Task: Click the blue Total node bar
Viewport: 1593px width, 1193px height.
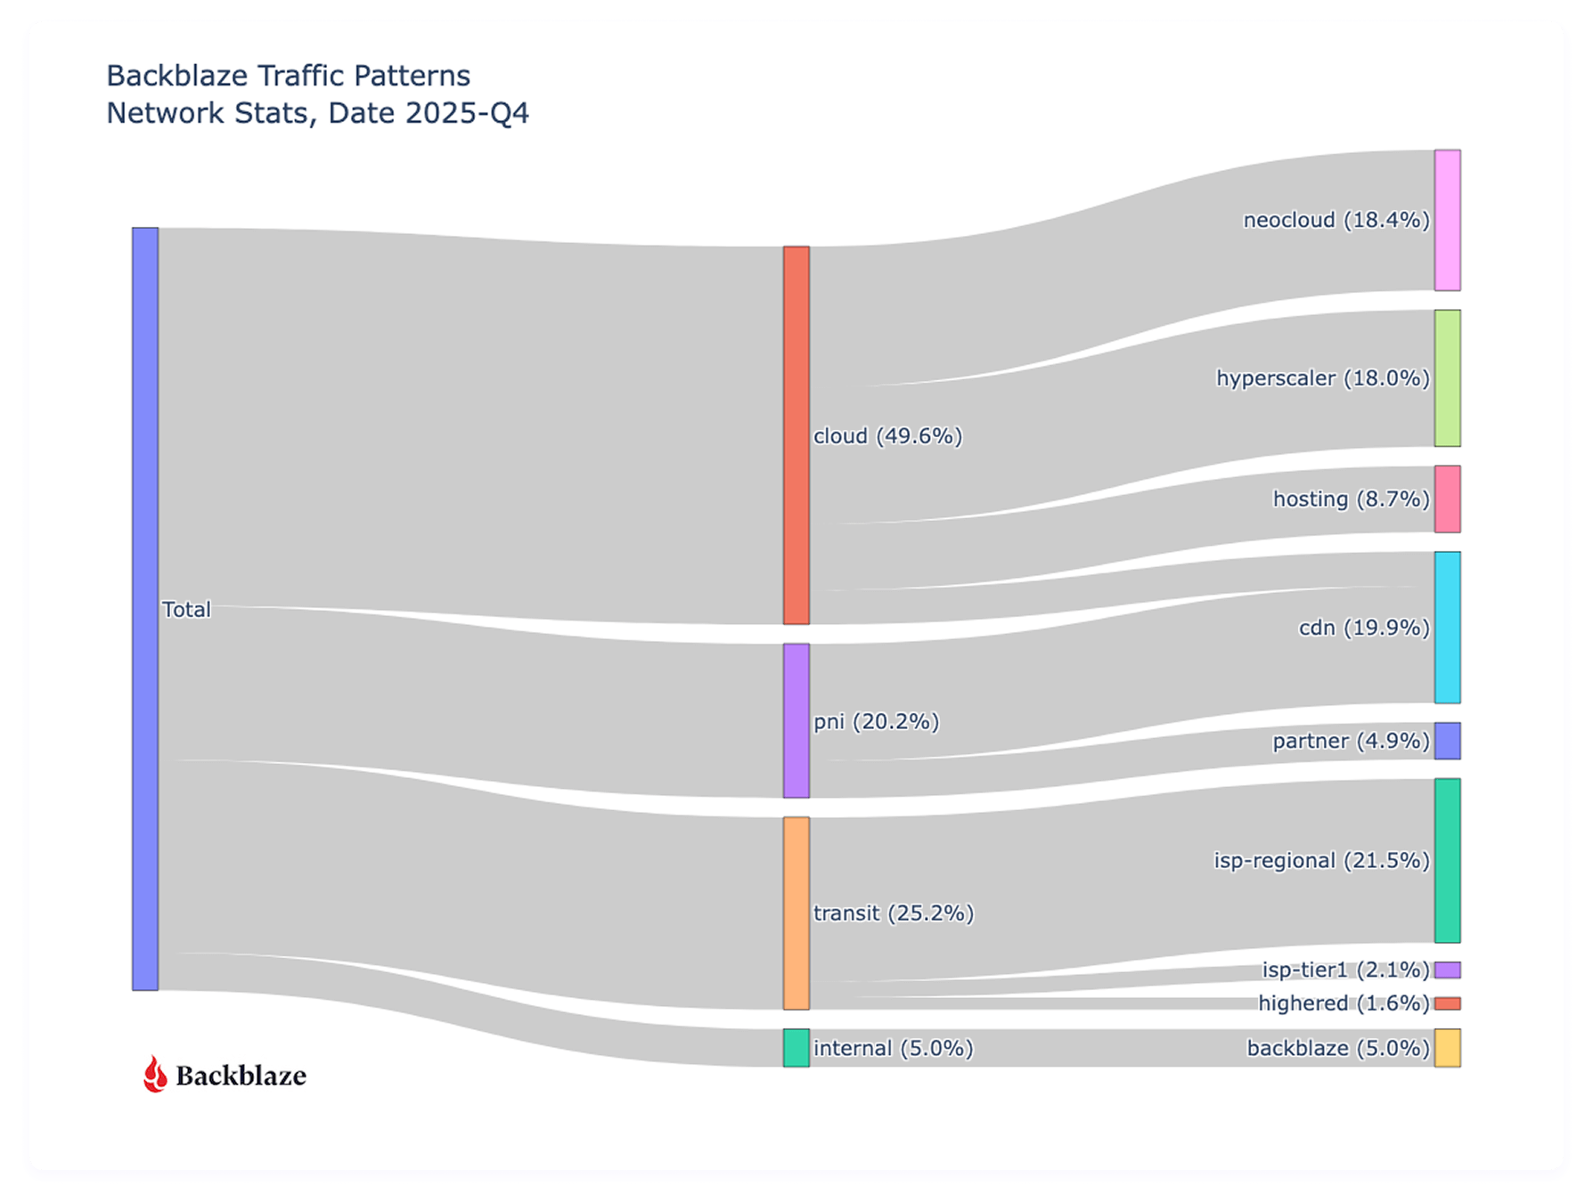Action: pos(145,608)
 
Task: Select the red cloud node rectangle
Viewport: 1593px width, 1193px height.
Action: pos(796,435)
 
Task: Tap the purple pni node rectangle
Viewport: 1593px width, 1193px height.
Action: pos(796,720)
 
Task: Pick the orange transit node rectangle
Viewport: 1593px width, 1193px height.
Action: pos(796,913)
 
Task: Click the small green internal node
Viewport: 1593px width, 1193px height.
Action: pos(796,1048)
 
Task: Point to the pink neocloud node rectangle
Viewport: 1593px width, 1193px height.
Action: pos(1447,220)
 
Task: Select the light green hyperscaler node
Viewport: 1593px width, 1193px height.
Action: pos(1447,377)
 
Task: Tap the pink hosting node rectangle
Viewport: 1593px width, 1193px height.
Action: pos(1447,499)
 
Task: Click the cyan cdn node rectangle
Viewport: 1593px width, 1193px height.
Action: pos(1447,627)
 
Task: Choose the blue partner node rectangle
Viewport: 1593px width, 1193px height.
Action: pos(1447,741)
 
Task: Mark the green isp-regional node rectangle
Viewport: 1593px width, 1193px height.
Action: pos(1447,860)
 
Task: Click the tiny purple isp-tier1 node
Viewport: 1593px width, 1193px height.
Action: pos(1447,970)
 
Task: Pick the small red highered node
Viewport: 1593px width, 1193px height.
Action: pos(1447,1003)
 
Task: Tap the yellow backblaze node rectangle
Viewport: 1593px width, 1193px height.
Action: pos(1447,1048)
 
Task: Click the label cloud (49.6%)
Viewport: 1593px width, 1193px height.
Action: pos(887,436)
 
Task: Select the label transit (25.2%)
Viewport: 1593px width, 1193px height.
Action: pos(893,913)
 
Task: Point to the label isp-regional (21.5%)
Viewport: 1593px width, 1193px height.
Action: pos(1320,861)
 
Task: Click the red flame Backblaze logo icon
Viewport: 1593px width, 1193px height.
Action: pos(155,1075)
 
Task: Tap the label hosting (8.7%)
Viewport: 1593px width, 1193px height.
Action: pos(1350,499)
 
